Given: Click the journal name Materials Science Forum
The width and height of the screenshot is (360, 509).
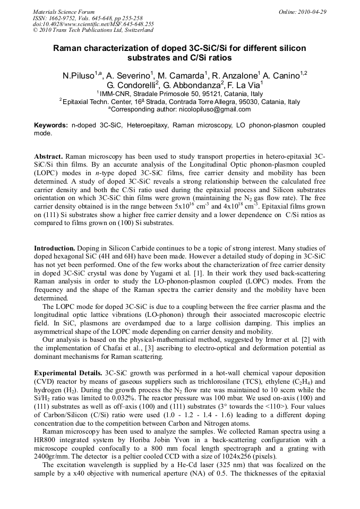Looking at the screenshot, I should [x=64, y=12].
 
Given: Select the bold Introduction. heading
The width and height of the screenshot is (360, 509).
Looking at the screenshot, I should [x=55, y=248].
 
